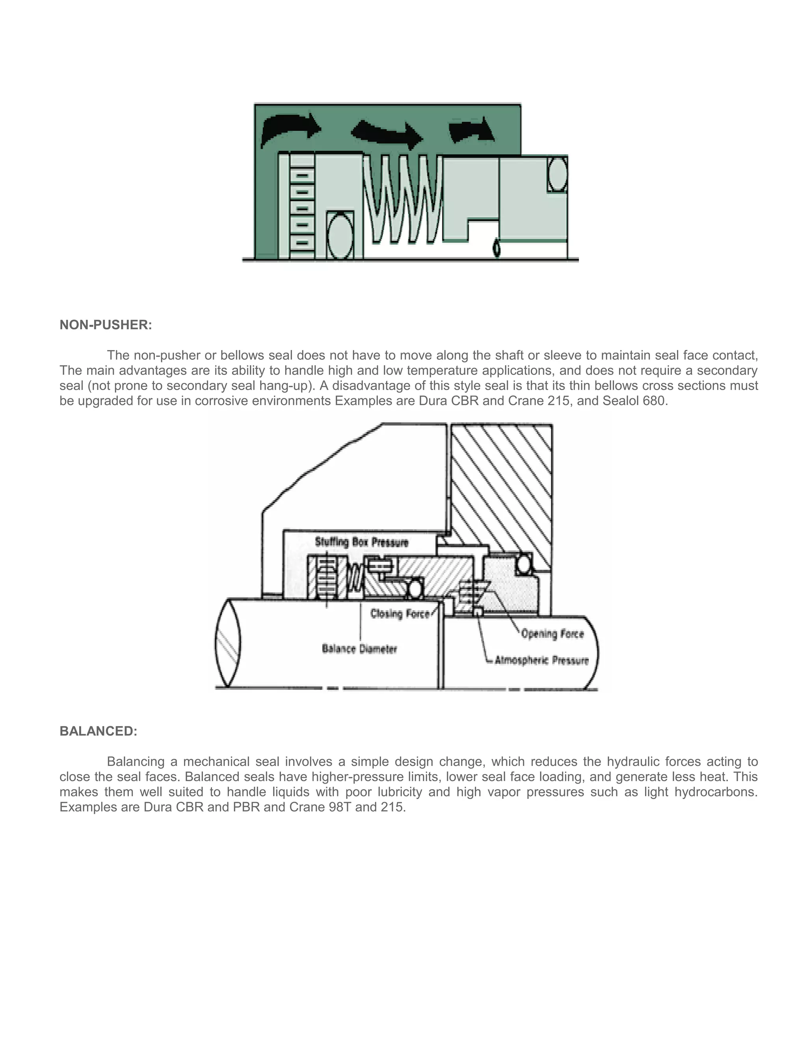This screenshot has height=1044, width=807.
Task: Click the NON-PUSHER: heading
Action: (x=106, y=325)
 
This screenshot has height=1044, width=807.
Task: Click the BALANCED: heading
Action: (x=98, y=731)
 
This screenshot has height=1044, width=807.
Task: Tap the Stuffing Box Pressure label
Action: (x=361, y=542)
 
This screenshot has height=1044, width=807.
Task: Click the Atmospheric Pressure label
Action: (x=542, y=661)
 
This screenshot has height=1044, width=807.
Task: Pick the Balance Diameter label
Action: (x=359, y=649)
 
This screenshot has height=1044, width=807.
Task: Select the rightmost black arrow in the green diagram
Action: (x=471, y=130)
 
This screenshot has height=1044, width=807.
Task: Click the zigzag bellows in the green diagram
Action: (x=403, y=199)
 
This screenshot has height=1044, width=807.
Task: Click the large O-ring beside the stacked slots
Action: (x=340, y=236)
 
